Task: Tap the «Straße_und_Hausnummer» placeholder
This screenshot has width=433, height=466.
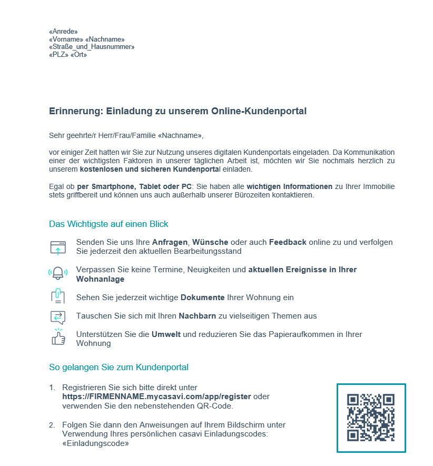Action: tap(92, 47)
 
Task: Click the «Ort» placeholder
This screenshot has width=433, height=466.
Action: tap(78, 55)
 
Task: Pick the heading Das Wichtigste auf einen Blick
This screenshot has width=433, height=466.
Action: tap(109, 224)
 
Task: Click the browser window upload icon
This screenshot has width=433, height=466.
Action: tap(58, 247)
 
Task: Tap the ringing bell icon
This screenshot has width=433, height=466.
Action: tap(58, 273)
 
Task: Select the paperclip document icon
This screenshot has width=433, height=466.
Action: tap(58, 297)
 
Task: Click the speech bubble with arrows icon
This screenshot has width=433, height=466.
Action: tap(58, 316)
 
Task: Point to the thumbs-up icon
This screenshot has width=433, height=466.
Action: tap(58, 338)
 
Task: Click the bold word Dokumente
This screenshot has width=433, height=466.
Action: tap(203, 298)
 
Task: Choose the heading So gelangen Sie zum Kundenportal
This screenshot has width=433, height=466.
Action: tap(119, 367)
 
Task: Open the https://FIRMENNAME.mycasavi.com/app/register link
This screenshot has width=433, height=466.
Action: tap(156, 396)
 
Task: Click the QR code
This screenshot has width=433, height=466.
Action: tap(371, 418)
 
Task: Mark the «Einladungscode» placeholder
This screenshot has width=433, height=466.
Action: tap(95, 443)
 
